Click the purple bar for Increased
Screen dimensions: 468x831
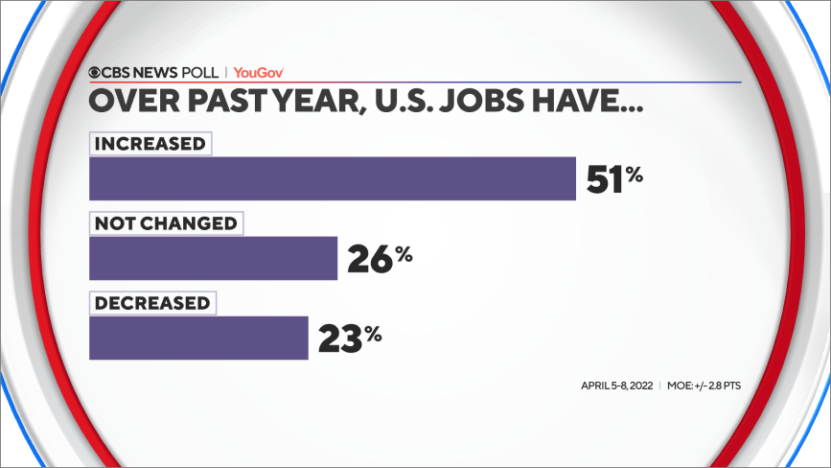pyautogui.click(x=332, y=178)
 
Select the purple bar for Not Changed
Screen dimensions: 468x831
pyautogui.click(x=213, y=258)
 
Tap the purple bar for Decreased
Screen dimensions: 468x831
pyautogui.click(x=198, y=338)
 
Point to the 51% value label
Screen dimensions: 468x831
pyautogui.click(x=613, y=178)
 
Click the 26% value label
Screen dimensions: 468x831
pyautogui.click(x=380, y=258)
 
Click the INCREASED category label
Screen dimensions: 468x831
pyautogui.click(x=150, y=144)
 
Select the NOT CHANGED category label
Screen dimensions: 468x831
pyautogui.click(x=165, y=223)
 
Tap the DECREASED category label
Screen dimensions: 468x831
pyautogui.click(x=151, y=303)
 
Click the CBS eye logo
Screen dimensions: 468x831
pyautogui.click(x=97, y=73)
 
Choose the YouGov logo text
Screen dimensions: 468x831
pyautogui.click(x=259, y=73)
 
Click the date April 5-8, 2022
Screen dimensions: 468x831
pyautogui.click(x=615, y=386)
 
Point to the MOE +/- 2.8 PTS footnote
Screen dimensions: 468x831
pyautogui.click(x=704, y=386)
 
